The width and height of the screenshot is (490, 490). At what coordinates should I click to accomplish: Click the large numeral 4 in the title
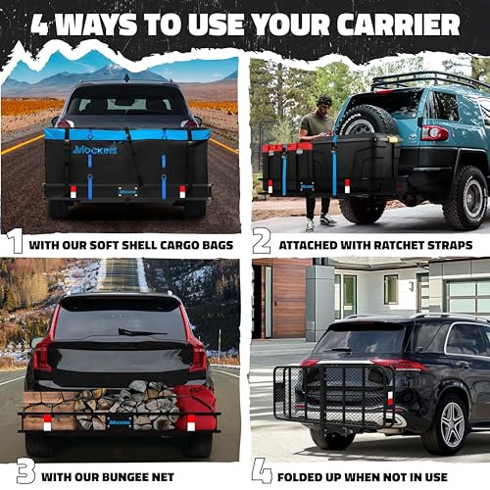[41, 23]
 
